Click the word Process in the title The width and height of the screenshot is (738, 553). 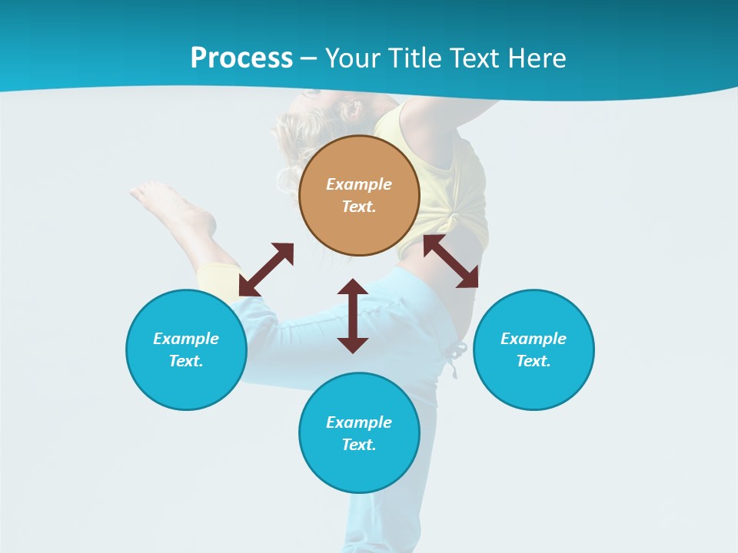point(241,58)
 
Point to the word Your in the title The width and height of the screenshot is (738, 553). point(352,58)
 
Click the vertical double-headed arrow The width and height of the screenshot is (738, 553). point(353,316)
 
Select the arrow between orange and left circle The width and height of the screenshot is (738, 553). point(266,270)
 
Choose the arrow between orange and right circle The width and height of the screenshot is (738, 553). point(450,261)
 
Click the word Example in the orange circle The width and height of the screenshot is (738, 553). point(359,184)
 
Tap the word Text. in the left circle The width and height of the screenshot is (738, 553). point(186,361)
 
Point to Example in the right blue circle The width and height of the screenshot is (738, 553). point(534,339)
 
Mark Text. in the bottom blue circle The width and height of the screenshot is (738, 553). point(359,445)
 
